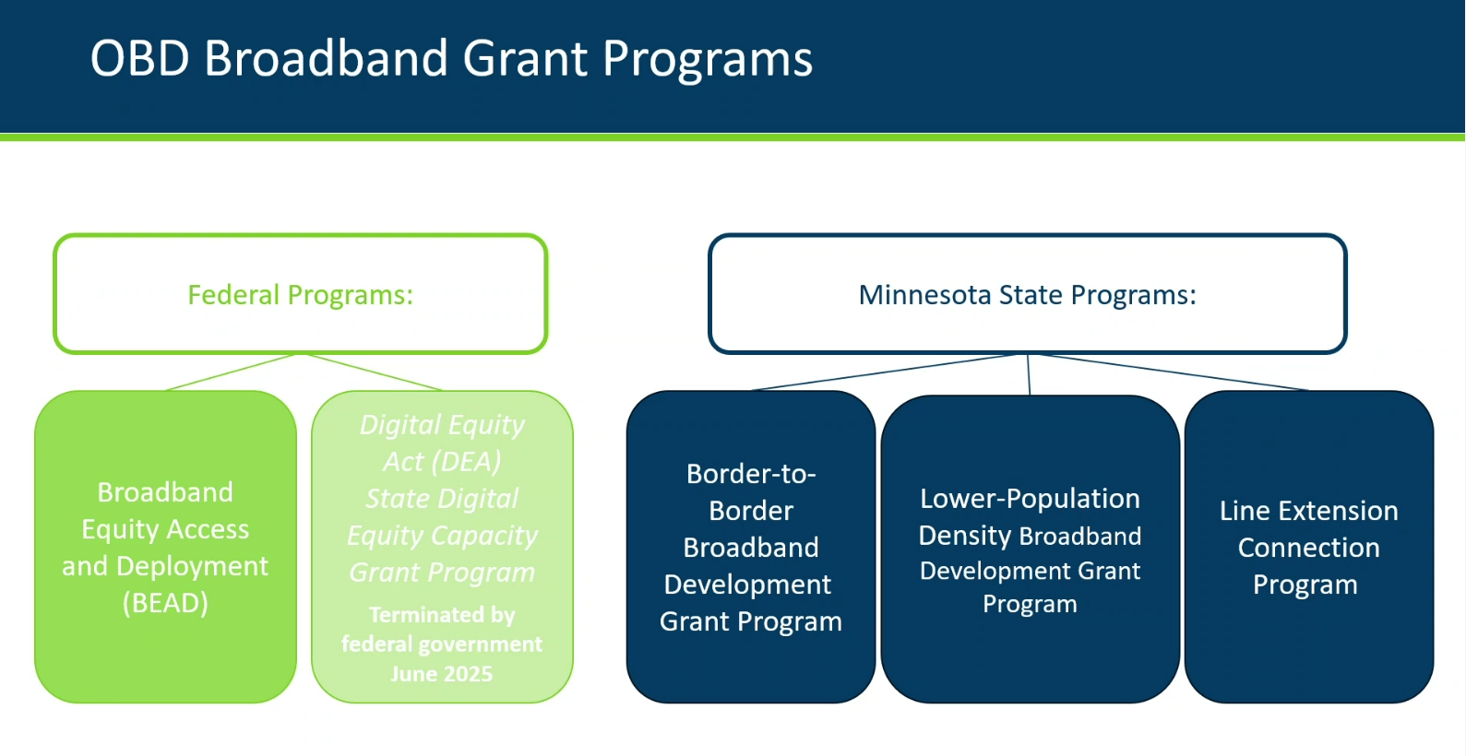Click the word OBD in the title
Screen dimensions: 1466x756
pos(139,58)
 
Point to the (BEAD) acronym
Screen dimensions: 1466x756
pos(165,602)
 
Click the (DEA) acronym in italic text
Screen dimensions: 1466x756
pos(467,462)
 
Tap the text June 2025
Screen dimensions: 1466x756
pos(442,674)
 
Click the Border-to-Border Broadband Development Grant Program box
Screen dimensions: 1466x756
pos(751,547)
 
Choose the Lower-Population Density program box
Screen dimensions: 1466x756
pos(1031,549)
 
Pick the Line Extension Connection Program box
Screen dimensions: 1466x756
pos(1309,547)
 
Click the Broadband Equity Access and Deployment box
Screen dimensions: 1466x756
pos(165,547)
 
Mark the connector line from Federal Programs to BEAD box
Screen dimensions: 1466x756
pos(231,372)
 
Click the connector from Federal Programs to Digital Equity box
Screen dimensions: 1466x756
pos(375,372)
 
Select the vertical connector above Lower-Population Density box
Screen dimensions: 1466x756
pos(1029,374)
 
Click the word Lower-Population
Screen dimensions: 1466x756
pos(1031,499)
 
